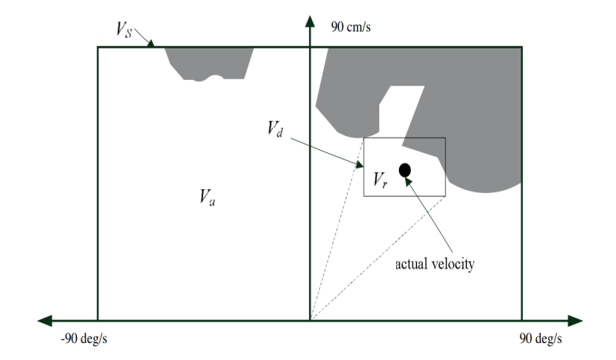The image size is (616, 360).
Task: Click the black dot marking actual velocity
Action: pyautogui.click(x=405, y=169)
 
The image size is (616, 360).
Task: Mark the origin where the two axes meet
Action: pyautogui.click(x=309, y=319)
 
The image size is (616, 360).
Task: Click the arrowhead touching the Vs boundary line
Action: pyautogui.click(x=151, y=44)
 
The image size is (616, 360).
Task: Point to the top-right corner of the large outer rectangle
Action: pyautogui.click(x=522, y=48)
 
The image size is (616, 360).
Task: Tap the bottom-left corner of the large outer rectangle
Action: pyautogui.click(x=98, y=319)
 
